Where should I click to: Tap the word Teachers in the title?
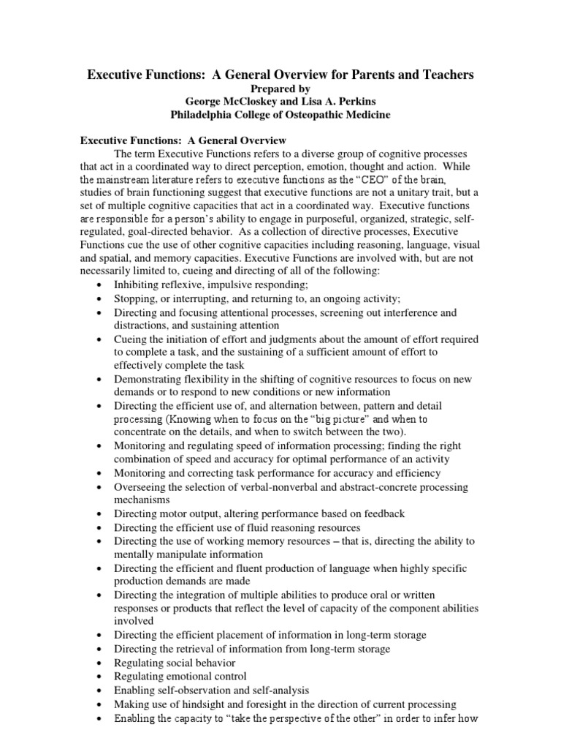441,75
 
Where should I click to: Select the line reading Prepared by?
280,89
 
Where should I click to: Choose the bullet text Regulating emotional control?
180,676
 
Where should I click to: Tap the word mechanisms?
143,500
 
